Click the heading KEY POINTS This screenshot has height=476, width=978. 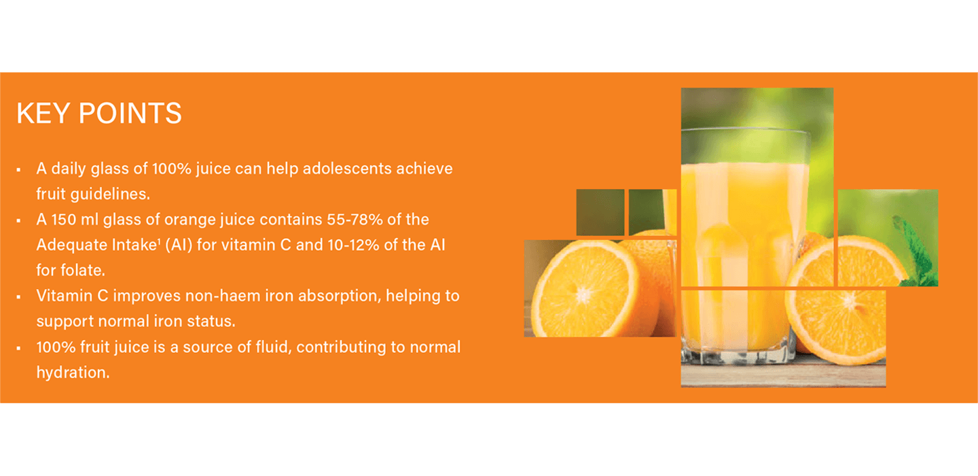(x=98, y=113)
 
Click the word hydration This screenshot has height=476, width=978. (x=72, y=372)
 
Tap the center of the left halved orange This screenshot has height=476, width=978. (x=583, y=293)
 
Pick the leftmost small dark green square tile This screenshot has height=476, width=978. (x=600, y=212)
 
